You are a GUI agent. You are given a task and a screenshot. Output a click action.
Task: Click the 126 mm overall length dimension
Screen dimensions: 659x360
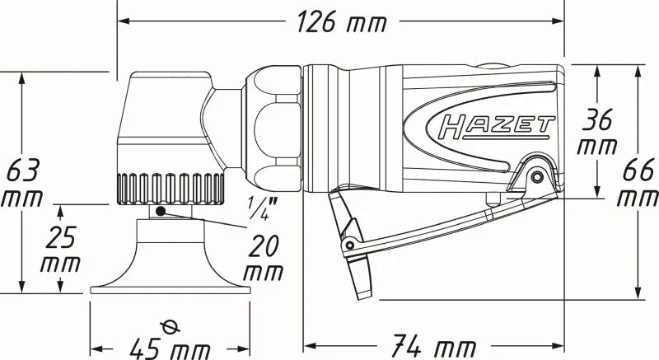tap(341, 21)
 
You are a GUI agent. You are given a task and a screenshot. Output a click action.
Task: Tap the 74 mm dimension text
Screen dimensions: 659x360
tap(433, 346)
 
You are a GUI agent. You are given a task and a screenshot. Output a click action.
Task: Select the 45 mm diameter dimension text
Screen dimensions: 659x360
tap(170, 348)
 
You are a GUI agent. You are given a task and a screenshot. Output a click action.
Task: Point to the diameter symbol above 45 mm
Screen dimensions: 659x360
tap(171, 326)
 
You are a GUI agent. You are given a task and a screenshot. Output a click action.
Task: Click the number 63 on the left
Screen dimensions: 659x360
tap(23, 170)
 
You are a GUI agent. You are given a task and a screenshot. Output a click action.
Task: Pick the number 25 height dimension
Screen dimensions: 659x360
tap(61, 237)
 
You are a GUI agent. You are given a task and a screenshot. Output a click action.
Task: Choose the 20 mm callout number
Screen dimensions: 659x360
tap(264, 246)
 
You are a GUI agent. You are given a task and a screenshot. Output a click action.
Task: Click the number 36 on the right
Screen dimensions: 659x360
tap(596, 119)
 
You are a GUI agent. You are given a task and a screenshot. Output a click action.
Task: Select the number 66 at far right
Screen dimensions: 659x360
tap(638, 170)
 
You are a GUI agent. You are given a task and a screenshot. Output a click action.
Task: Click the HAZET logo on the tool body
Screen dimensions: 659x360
tap(495, 127)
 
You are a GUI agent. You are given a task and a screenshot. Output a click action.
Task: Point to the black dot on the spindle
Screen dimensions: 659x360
tap(160, 211)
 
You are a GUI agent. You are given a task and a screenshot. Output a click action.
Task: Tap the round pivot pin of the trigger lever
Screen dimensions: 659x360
tap(537, 176)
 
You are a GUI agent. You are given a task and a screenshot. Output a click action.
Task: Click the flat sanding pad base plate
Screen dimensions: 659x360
tap(171, 290)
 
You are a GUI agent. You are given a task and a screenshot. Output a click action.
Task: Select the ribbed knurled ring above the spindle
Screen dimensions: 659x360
tap(171, 189)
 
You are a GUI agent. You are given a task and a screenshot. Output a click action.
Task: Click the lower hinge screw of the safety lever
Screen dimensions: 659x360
tap(349, 245)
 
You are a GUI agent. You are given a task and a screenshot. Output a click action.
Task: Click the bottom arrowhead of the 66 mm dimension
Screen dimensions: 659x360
tap(638, 291)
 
